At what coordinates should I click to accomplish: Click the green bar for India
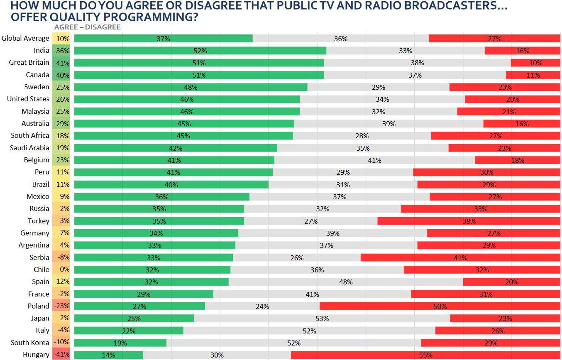click(200, 51)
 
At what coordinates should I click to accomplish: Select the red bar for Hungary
click(426, 355)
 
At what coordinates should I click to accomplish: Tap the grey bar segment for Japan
click(322, 318)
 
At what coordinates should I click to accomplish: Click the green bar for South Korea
click(120, 343)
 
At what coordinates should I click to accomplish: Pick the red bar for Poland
click(440, 306)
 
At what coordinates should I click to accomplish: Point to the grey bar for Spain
click(346, 282)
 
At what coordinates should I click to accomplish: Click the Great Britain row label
click(29, 63)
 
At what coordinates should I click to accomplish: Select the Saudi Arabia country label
click(29, 148)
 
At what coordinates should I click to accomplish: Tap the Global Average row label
click(25, 38)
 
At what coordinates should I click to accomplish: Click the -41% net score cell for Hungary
click(61, 355)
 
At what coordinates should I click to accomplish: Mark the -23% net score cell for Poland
click(61, 306)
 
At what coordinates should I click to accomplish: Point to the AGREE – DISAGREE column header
click(88, 27)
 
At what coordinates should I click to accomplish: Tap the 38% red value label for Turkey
click(469, 221)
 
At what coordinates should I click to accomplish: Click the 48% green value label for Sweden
click(191, 87)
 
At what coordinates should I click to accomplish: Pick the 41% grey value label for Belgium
click(374, 160)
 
